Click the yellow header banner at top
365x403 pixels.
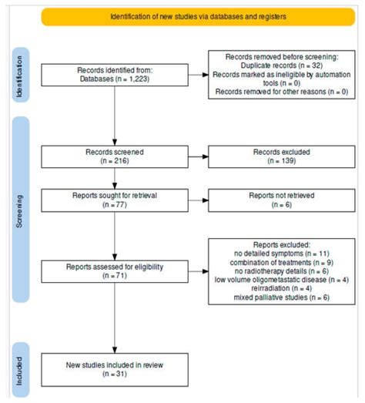coord(198,16)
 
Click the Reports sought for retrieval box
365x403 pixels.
coord(114,203)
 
